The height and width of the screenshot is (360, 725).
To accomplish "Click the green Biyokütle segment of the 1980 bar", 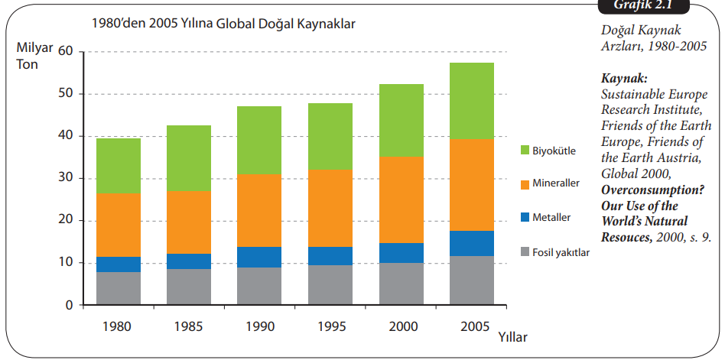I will click(118, 166).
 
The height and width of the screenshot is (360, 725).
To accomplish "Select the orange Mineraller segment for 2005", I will click(472, 184).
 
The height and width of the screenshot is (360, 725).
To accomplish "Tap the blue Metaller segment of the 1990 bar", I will click(259, 257).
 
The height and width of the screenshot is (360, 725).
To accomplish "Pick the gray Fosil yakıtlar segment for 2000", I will click(402, 284).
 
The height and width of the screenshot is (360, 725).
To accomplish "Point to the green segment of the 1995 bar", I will click(330, 136).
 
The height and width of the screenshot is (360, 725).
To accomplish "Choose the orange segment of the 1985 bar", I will click(189, 222).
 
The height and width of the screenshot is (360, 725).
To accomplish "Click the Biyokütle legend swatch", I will click(524, 150).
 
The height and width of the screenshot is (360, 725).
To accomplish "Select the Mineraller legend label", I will click(556, 183).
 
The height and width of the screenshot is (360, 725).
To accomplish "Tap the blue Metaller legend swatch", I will click(524, 217).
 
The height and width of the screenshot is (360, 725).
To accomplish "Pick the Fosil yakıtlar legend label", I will click(561, 251).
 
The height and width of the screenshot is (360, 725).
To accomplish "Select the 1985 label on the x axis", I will click(189, 326).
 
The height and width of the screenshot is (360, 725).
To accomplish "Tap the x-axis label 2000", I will click(402, 326).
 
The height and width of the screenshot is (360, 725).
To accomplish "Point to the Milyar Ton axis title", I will click(34, 56).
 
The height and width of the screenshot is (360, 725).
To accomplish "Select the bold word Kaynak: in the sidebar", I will click(624, 79).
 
